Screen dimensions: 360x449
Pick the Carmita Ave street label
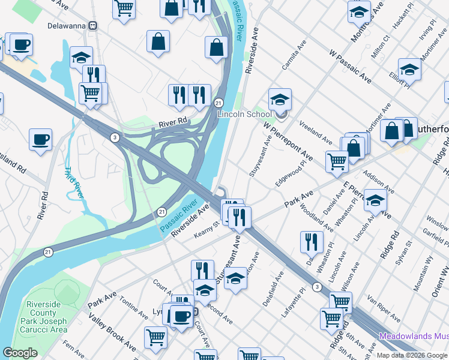tap(298, 54)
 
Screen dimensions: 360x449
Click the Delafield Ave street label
tap(276, 289)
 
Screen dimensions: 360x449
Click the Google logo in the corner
tap(20, 353)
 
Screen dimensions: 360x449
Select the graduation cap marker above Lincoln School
tap(280, 100)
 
